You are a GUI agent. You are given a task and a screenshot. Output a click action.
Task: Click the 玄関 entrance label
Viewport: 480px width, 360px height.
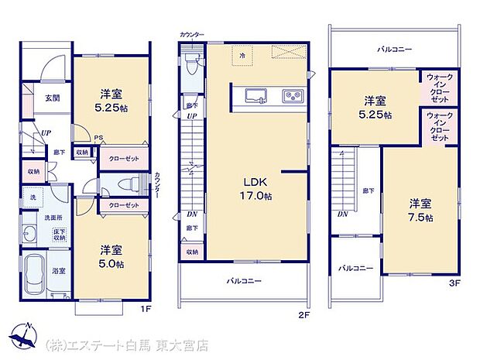52,98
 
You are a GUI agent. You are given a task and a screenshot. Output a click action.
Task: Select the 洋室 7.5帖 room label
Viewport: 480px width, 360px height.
420,210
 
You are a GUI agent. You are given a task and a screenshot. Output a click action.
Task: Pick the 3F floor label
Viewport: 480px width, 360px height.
454,283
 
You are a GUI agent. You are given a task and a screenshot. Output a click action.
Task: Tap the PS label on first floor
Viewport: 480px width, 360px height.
98,140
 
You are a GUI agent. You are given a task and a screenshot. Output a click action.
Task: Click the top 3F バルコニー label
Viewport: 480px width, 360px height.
394,49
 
